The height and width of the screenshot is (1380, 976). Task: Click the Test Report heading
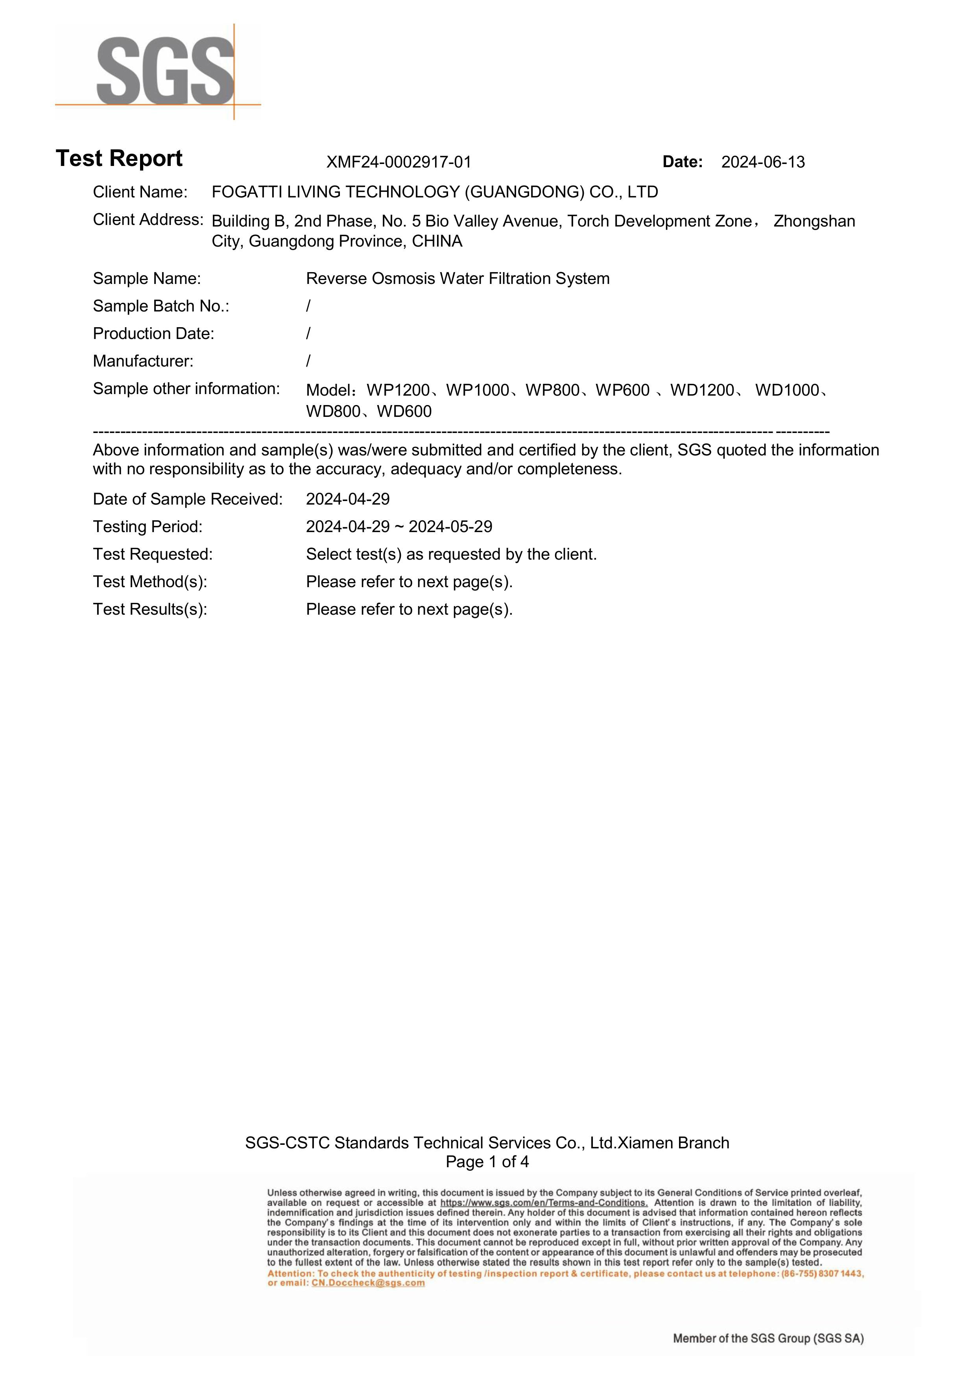click(x=119, y=158)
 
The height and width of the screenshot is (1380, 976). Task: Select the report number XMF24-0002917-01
click(x=399, y=162)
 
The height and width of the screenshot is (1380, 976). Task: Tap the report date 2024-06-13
click(x=762, y=162)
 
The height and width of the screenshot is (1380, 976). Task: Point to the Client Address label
click(x=148, y=220)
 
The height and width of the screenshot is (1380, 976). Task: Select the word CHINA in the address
click(x=437, y=241)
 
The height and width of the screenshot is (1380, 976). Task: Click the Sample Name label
click(x=147, y=279)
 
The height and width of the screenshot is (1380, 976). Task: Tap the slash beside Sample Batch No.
click(x=308, y=306)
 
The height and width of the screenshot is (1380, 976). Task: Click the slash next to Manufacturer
click(x=308, y=361)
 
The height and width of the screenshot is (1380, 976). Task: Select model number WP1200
click(x=398, y=391)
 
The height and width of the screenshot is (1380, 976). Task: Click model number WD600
click(x=404, y=412)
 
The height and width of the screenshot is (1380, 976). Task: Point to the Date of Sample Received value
click(x=348, y=499)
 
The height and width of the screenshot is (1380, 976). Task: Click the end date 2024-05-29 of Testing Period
click(x=450, y=527)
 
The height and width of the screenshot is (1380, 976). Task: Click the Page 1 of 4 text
click(x=487, y=1162)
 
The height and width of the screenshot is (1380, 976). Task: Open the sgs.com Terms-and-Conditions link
click(x=544, y=1203)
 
